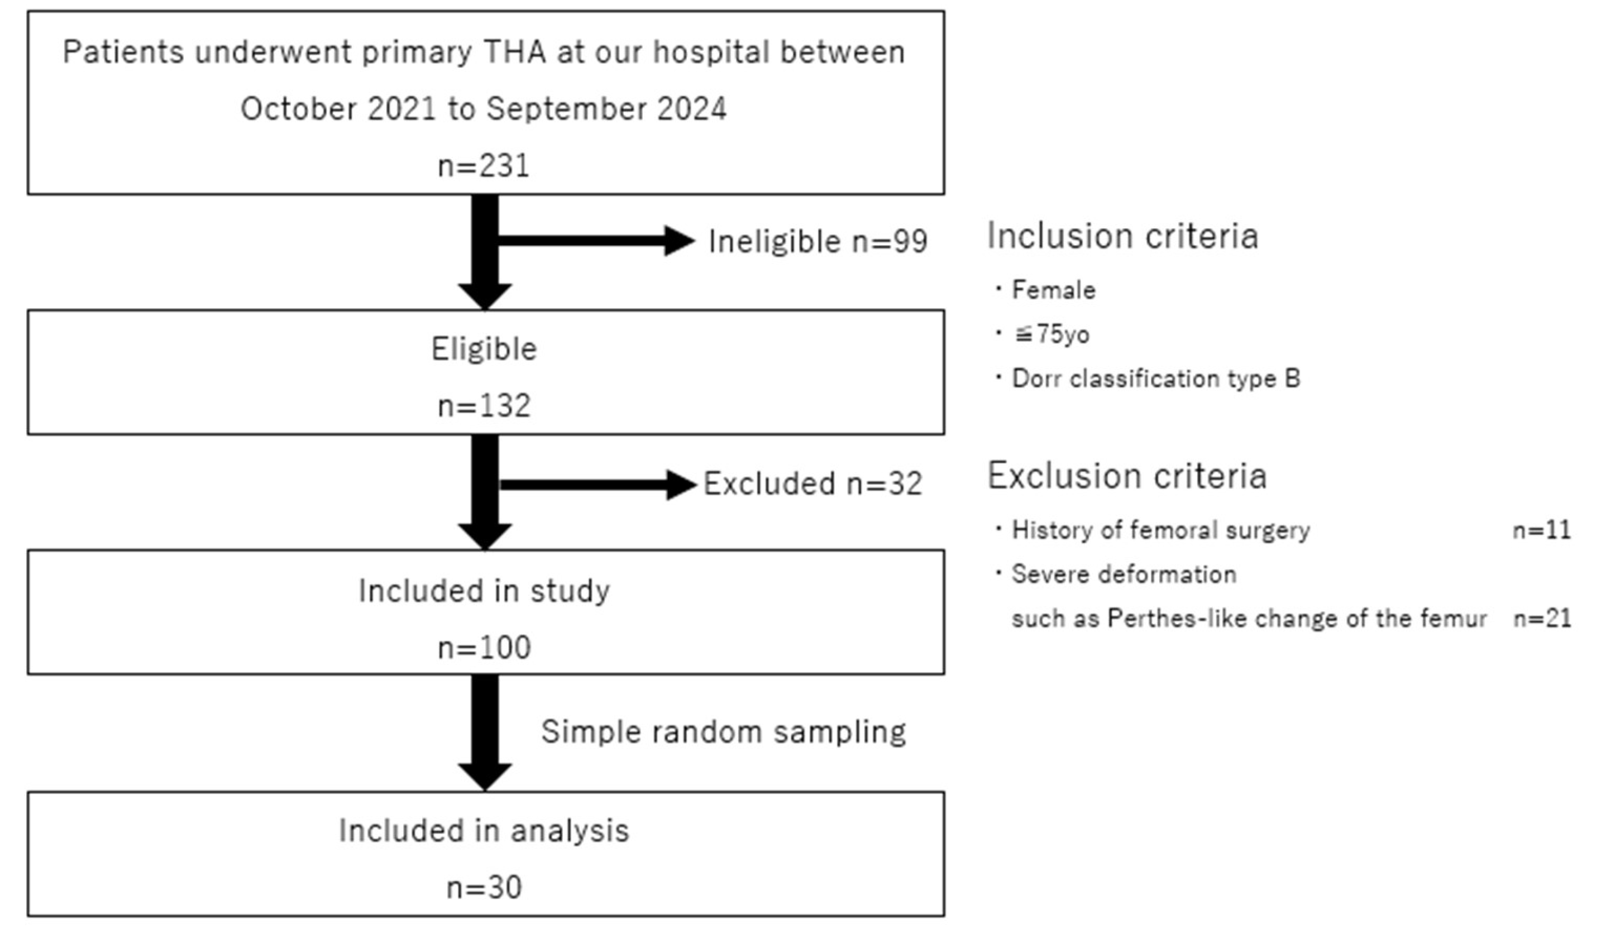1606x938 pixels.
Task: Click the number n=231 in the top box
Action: [484, 166]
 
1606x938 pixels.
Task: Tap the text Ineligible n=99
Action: [818, 242]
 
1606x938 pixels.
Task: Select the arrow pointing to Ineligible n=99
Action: [596, 241]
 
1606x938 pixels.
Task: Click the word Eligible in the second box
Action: [484, 349]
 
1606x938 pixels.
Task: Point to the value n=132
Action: [484, 406]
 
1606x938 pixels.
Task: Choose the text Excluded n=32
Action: [812, 484]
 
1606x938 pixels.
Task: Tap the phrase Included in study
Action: [484, 591]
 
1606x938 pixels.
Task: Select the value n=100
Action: [484, 648]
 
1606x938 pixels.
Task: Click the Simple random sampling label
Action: [723, 731]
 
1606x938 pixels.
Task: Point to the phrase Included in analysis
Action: [484, 831]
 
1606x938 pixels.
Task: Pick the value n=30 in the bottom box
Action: [484, 888]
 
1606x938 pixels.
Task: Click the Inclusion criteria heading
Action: [1122, 236]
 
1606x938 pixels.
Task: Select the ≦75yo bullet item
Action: [1051, 334]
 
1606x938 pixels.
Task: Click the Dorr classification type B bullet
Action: [1155, 379]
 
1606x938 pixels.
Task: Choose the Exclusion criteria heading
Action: [1126, 476]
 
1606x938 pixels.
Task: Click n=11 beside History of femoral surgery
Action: [1542, 530]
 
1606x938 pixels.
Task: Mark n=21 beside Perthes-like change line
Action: [1542, 619]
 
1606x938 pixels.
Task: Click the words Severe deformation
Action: [1124, 575]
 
